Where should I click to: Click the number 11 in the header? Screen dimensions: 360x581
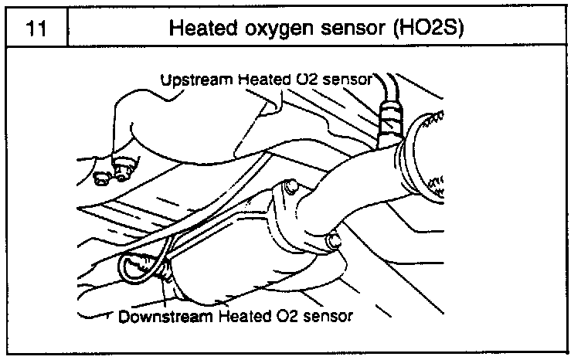point(34,29)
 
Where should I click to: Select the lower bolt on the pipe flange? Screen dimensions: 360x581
point(333,241)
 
